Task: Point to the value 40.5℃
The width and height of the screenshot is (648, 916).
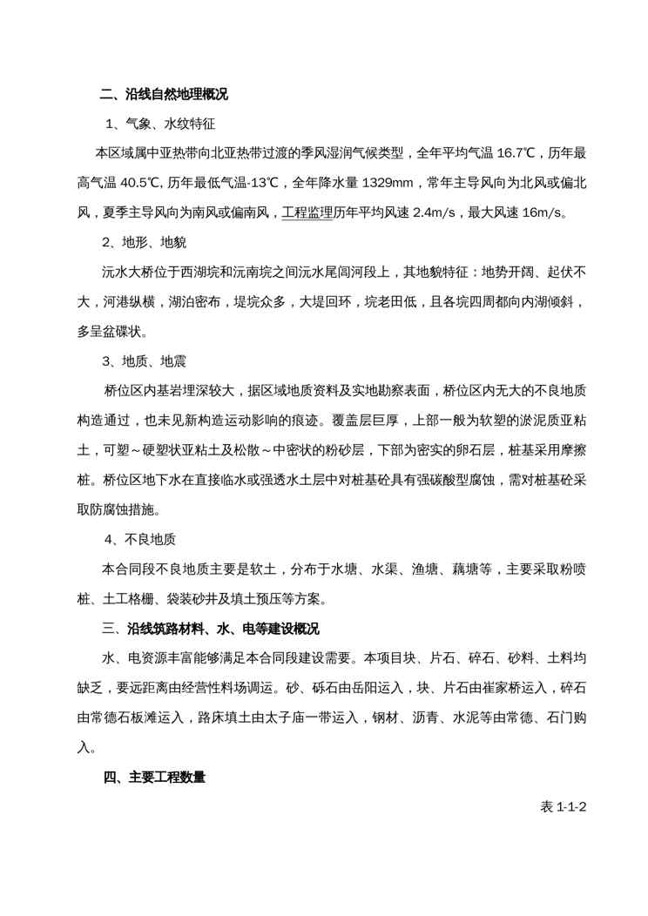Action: (137, 182)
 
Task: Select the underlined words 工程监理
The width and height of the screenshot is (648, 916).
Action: (307, 212)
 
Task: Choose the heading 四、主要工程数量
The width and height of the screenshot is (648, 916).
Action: (155, 777)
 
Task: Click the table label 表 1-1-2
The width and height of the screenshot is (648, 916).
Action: (564, 806)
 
